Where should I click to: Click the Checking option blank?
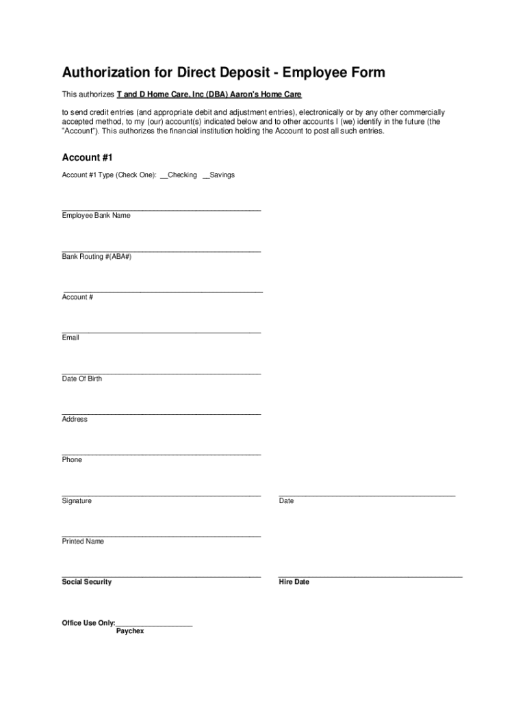[x=164, y=176]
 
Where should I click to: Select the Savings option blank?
[x=206, y=176]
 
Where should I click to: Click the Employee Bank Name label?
[x=96, y=216]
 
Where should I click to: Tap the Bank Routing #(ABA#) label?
[x=97, y=257]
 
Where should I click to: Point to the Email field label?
[x=70, y=337]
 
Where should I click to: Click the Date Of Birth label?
[x=81, y=379]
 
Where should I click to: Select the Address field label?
[x=75, y=419]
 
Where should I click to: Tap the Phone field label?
[x=72, y=460]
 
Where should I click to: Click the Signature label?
[x=77, y=501]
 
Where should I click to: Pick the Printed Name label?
[x=83, y=541]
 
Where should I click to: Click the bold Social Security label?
[x=86, y=582]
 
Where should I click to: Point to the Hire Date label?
[x=294, y=582]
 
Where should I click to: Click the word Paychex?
[x=130, y=631]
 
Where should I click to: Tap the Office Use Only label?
[x=88, y=623]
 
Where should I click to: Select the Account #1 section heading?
[x=82, y=157]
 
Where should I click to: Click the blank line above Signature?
[x=161, y=494]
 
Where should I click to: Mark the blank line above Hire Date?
[x=370, y=576]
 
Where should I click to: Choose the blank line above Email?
[x=161, y=332]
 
